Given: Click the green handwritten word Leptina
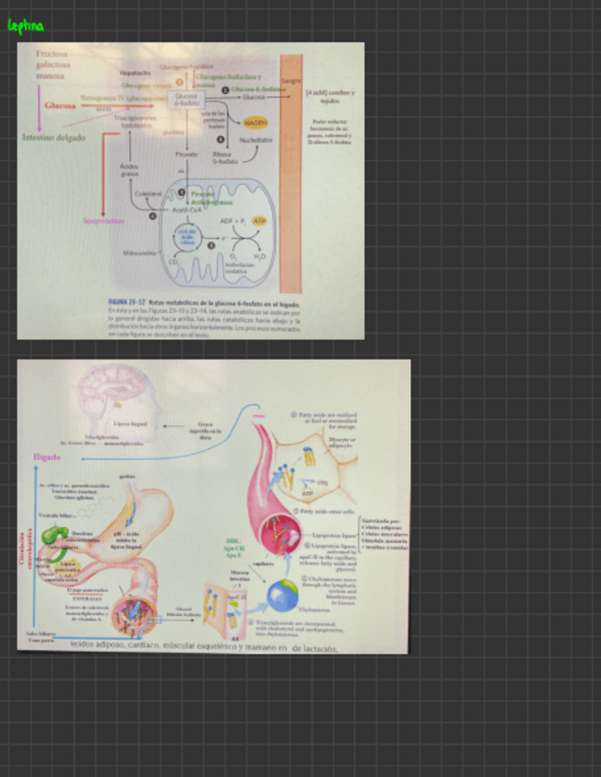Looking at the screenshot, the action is (x=25, y=27).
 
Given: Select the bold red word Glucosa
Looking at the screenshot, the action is (x=60, y=105).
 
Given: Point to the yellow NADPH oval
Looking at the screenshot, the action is (x=255, y=122).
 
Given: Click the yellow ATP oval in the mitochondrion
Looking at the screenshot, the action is (x=259, y=221).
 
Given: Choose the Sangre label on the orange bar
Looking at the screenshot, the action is (x=291, y=82).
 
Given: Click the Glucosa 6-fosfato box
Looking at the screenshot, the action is (x=186, y=99).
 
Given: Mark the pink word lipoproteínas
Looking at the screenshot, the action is (x=104, y=221).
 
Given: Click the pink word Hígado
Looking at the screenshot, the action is (x=47, y=456).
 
